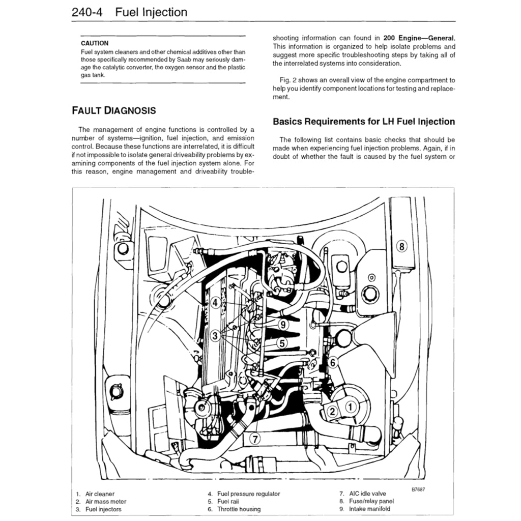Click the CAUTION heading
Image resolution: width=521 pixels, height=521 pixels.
tap(94, 43)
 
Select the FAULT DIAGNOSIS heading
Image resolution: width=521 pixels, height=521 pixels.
tap(113, 110)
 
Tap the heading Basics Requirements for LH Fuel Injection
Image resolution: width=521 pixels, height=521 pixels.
tap(364, 122)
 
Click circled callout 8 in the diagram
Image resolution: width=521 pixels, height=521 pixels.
tap(401, 247)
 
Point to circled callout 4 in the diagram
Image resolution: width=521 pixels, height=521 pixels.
tap(216, 303)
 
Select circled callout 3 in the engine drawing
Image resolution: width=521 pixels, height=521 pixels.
tap(216, 335)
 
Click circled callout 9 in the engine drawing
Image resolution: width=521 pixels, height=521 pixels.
tap(283, 324)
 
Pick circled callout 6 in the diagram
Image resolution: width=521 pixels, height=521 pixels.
tap(332, 362)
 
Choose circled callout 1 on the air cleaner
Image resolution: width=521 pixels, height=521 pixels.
tap(350, 407)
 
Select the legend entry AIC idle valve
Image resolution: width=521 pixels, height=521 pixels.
tap(367, 494)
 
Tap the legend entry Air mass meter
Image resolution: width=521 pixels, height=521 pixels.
tap(105, 501)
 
